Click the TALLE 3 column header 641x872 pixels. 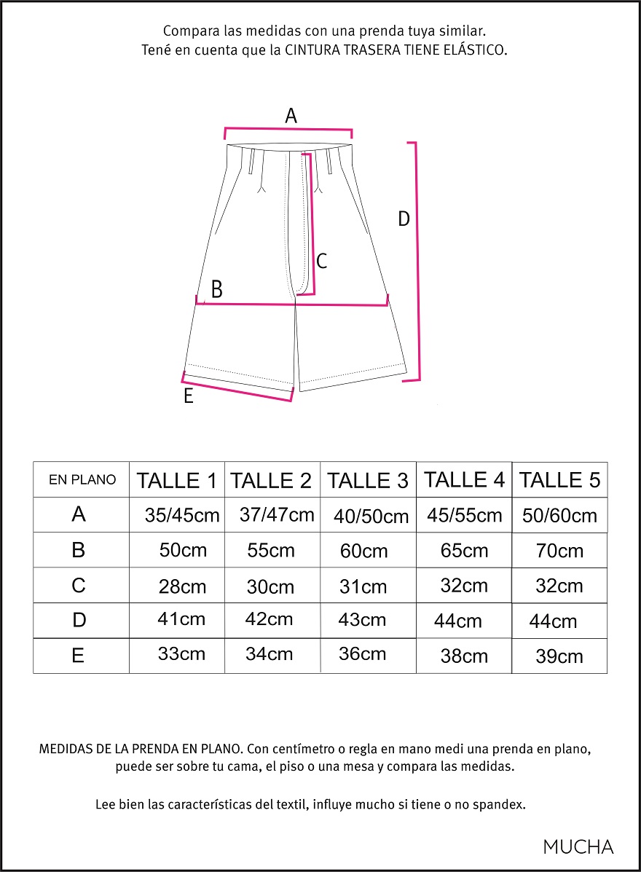point(368,481)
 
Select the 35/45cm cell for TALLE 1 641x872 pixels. point(182,516)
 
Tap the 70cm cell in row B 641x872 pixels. point(559,551)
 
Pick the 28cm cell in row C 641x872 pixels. point(182,586)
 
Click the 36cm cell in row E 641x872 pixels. point(362,653)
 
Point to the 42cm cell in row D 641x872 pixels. point(269,619)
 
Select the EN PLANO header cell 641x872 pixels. point(82,479)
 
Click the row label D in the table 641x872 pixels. point(79,620)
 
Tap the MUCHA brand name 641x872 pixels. point(578,847)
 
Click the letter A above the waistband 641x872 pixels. point(291,116)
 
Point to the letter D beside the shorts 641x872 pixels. point(404,219)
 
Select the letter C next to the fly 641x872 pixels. point(321,261)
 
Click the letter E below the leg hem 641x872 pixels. point(188,397)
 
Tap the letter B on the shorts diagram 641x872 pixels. point(216,290)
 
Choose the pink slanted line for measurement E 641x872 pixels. point(237,388)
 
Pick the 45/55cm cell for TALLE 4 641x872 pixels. point(464,516)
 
